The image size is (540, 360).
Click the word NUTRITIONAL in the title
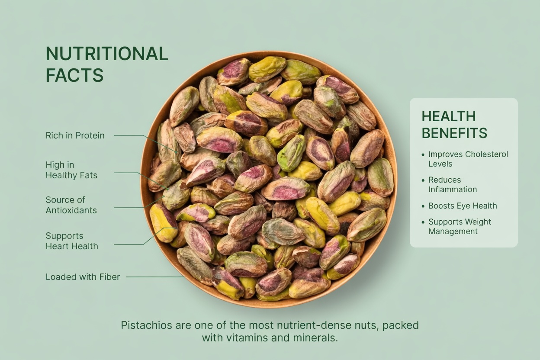106,54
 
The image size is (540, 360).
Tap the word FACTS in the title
74,75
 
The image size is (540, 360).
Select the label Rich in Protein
75,135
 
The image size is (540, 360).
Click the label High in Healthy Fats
71,170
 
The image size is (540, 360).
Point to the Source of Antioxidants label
71,205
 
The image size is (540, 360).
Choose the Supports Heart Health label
72,241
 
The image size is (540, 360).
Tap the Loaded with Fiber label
83,277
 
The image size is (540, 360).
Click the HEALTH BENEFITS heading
454,125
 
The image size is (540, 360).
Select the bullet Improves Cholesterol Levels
468,159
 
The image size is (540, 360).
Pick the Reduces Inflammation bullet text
452,184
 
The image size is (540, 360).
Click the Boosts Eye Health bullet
462,206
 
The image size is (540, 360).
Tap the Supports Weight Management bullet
460,226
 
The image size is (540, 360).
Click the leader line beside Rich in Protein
130,135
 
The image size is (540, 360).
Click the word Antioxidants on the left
71,210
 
